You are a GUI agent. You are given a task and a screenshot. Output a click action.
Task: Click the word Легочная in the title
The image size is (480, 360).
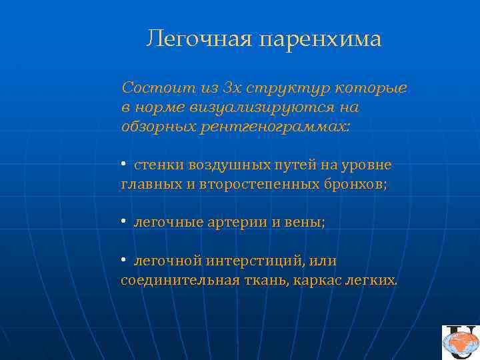pyautogui.click(x=198, y=39)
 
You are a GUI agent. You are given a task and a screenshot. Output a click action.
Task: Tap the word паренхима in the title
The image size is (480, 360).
pyautogui.click(x=319, y=39)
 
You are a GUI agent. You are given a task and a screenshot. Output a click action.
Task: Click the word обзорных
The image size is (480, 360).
pyautogui.click(x=158, y=127)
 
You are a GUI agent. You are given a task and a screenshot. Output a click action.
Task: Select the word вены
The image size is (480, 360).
pyautogui.click(x=306, y=223)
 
